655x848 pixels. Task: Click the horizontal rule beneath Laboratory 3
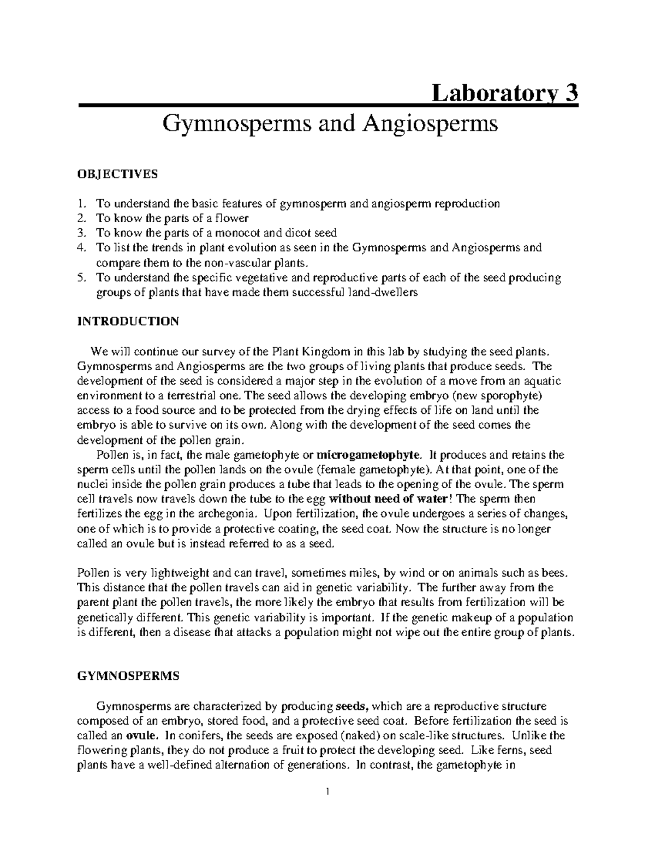tap(327, 105)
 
